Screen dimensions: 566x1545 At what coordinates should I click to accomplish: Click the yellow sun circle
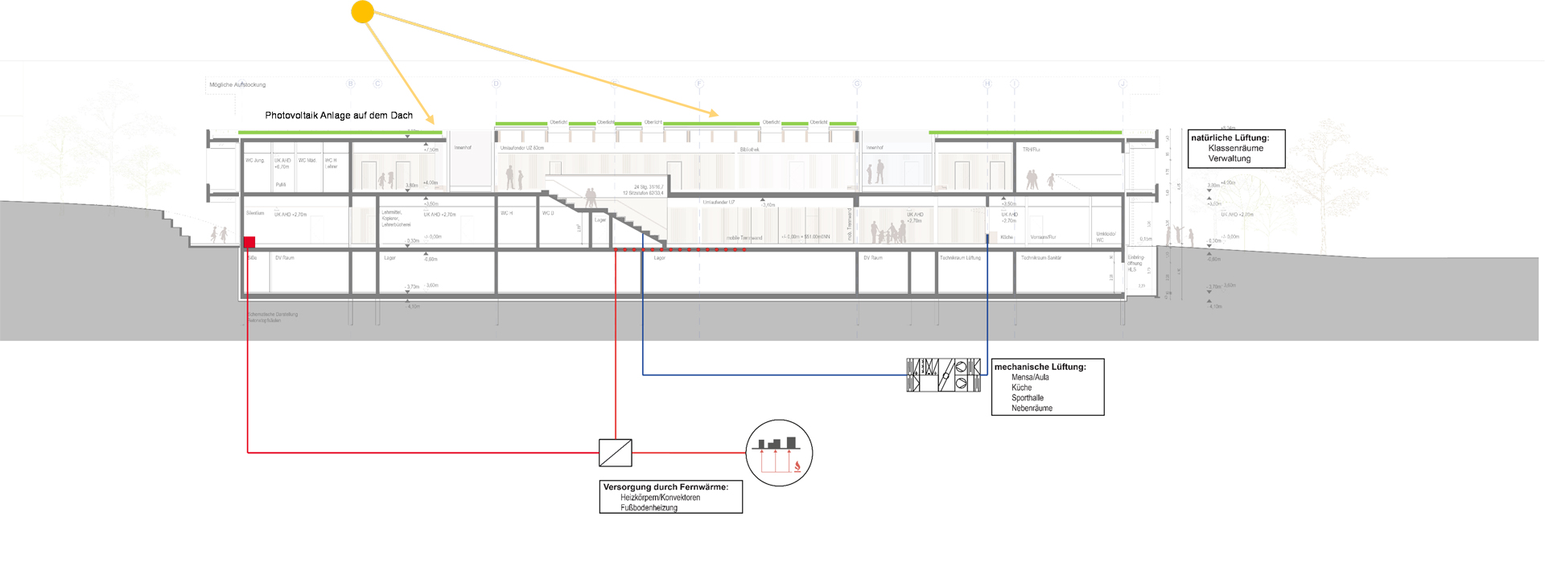363,12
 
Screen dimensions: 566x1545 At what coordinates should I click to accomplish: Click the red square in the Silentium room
249,242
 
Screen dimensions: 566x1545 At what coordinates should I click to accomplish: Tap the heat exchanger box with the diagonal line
616,453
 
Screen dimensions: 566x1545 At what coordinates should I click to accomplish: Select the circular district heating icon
779,453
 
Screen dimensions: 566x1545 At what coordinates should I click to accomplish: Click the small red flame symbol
797,466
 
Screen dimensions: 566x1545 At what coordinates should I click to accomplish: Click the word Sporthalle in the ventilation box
1028,398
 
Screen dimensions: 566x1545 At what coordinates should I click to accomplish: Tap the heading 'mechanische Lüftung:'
1040,367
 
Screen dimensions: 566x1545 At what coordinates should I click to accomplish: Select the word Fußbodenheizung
649,508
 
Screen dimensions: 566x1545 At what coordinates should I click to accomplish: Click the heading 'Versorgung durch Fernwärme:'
665,487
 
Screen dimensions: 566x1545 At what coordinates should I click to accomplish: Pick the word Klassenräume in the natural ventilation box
1235,149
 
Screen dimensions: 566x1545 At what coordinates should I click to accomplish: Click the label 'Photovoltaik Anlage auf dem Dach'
339,116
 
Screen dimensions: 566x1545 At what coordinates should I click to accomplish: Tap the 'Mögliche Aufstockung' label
237,84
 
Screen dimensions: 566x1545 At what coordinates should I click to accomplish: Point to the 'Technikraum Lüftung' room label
960,258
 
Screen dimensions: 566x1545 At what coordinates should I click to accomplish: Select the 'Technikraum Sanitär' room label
1041,258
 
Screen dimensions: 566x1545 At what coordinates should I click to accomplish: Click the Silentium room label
255,214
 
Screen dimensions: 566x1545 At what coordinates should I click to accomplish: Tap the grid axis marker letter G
857,84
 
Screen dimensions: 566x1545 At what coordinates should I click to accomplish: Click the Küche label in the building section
1007,238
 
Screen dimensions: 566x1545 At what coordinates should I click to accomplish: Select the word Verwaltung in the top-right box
1229,159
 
